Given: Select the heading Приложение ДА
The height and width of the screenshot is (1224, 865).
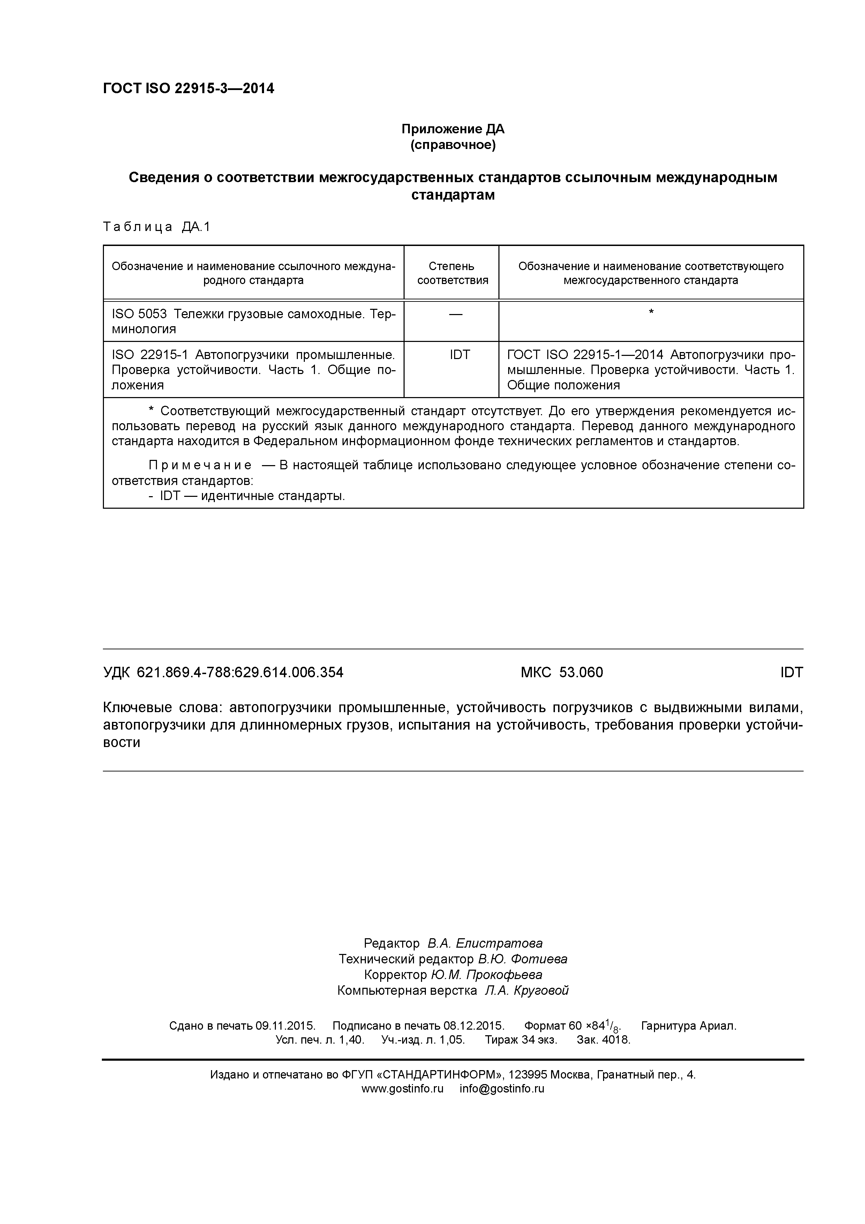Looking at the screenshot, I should (x=452, y=129).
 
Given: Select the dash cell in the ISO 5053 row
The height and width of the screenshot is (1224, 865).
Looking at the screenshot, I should (x=456, y=314).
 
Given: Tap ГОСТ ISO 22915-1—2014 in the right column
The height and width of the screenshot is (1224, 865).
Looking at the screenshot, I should (x=585, y=355).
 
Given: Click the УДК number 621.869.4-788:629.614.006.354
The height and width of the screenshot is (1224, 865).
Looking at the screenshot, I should (x=240, y=672).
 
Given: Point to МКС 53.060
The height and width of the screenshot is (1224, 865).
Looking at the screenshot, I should (x=562, y=672).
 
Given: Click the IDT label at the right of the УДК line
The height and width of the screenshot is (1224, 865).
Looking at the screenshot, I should (x=791, y=672).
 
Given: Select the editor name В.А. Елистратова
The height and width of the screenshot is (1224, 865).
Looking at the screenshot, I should (x=485, y=943).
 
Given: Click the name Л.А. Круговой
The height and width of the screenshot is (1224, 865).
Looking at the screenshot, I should (x=527, y=991).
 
